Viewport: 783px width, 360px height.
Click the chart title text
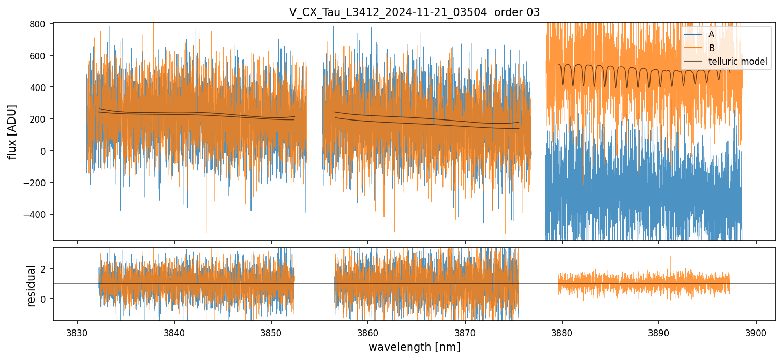(x=415, y=12)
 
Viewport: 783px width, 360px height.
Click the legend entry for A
(x=711, y=34)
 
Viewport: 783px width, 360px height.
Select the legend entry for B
(x=711, y=48)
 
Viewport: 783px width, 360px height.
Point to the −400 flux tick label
(x=35, y=214)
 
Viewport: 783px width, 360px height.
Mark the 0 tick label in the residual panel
(x=43, y=298)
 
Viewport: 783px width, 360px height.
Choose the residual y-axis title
(x=32, y=286)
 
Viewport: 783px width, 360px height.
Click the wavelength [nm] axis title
(x=414, y=347)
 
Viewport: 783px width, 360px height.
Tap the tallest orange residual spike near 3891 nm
(x=671, y=257)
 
